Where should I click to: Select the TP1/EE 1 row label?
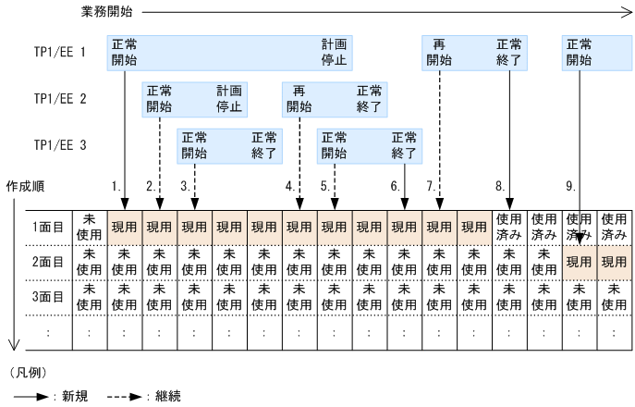pyautogui.click(x=59, y=52)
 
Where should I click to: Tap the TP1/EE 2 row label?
pyautogui.click(x=59, y=98)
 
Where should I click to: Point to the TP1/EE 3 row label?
pyautogui.click(x=59, y=144)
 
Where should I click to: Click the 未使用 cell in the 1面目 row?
pyautogui.click(x=90, y=227)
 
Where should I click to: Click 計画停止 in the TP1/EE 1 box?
pyautogui.click(x=334, y=52)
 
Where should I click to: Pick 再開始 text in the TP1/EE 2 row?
pyautogui.click(x=299, y=98)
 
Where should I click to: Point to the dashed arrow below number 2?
pyautogui.click(x=159, y=196)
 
